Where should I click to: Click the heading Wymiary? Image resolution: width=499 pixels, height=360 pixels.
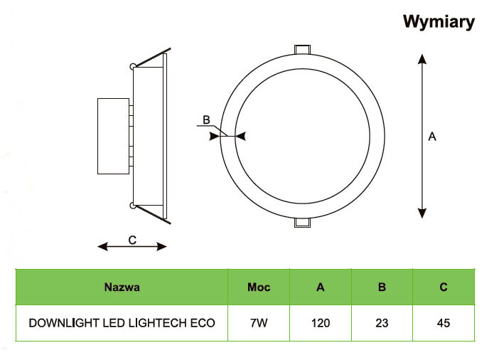[x=439, y=22]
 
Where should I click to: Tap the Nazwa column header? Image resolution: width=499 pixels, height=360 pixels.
[x=122, y=287]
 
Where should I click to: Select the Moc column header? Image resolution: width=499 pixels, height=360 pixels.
[x=259, y=287]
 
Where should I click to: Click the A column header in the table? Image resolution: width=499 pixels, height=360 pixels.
[x=321, y=287]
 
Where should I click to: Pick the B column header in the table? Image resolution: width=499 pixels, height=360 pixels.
[x=382, y=287]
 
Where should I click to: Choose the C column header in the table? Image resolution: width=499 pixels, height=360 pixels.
[x=444, y=287]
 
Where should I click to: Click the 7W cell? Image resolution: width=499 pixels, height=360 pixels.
[x=259, y=323]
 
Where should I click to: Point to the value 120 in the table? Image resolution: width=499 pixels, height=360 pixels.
[x=321, y=323]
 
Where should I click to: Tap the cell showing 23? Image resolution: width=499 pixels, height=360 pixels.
[x=382, y=323]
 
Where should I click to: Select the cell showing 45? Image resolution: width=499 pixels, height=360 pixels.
[x=444, y=323]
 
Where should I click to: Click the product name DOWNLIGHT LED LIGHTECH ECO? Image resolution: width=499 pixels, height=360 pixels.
[x=122, y=323]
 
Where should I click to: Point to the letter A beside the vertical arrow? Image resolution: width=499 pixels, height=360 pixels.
[x=432, y=137]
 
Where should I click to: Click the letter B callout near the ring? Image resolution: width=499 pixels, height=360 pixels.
[x=206, y=120]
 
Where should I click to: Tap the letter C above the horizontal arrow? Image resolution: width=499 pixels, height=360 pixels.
[x=132, y=240]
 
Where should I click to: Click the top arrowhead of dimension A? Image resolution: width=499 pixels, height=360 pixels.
[x=422, y=59]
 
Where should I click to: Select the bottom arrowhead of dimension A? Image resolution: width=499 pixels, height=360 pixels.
[x=422, y=213]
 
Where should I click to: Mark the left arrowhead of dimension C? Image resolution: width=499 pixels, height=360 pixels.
[x=102, y=246]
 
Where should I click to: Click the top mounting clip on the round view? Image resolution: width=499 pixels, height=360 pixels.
[x=302, y=50]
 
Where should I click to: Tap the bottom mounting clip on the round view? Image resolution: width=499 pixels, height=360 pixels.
[x=302, y=223]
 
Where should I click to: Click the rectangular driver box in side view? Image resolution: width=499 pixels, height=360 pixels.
[x=113, y=136]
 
